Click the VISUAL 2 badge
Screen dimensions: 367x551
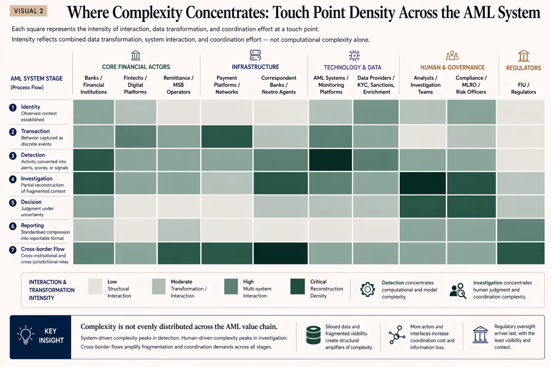tap(28, 11)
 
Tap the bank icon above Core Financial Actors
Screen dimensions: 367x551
tap(135, 55)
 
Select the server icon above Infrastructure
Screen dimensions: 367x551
tap(255, 55)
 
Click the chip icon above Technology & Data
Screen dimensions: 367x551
tap(354, 55)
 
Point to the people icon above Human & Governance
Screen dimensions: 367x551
tap(452, 56)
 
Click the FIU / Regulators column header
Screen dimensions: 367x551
tap(523, 88)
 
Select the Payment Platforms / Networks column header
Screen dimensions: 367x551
tap(227, 85)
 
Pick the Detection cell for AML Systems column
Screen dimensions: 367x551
tap(331, 160)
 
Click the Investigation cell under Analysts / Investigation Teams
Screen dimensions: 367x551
tap(422, 183)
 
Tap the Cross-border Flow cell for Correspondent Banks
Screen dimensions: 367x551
tap(281, 253)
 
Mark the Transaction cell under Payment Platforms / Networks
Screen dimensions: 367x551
tap(227, 136)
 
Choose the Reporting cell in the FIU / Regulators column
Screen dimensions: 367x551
tap(521, 230)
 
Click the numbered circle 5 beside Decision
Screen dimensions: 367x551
tap(13, 203)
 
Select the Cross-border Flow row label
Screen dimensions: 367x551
tap(43, 249)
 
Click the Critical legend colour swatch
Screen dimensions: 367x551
tap(297, 287)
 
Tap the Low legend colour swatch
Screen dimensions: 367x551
tap(95, 287)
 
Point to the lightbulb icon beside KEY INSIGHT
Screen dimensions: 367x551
tap(25, 335)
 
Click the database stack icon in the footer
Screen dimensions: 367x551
tap(313, 335)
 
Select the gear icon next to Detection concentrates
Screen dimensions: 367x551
tap(367, 289)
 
